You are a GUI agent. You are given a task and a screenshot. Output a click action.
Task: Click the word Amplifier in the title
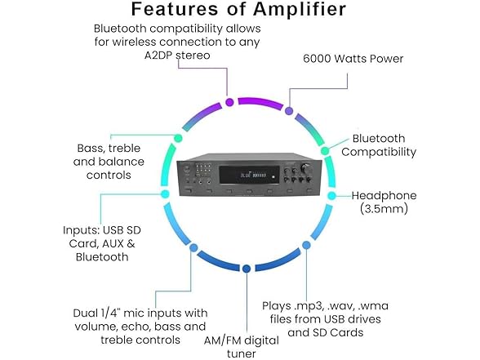288,11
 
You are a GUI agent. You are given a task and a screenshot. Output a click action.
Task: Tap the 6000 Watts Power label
352,59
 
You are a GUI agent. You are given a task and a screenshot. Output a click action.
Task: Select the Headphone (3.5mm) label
384,202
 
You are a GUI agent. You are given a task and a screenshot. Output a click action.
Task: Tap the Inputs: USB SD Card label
96,242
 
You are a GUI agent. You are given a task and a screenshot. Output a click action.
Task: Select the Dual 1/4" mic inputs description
138,326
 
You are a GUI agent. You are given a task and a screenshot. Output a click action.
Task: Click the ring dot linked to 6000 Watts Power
290,108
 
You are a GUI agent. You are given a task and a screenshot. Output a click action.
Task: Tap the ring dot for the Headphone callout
331,196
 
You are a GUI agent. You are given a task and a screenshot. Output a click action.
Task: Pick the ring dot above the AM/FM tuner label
246,267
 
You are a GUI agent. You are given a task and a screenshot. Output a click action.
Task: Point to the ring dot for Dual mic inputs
193,247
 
